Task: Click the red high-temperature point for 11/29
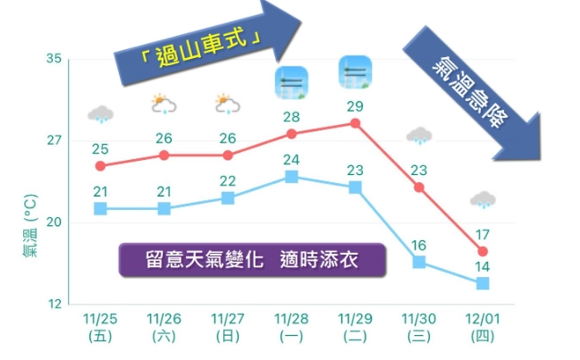(355, 123)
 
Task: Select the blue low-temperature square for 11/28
(291, 176)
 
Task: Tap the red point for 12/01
(483, 252)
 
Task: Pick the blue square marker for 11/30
(418, 262)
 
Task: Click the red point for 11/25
(100, 166)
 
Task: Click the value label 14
(483, 266)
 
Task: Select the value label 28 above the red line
(291, 117)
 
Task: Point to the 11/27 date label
(228, 318)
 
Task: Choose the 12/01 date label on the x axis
(483, 318)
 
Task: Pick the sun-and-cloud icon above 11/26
(164, 105)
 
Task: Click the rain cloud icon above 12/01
(483, 199)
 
